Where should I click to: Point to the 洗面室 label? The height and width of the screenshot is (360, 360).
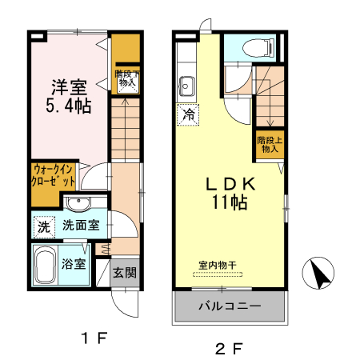[81, 226]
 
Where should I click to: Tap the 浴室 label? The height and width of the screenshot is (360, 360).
[74, 265]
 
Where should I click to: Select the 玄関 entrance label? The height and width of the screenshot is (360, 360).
[124, 272]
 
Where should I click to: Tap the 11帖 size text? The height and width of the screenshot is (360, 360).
[229, 203]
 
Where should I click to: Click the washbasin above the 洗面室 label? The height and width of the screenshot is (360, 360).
[78, 202]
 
